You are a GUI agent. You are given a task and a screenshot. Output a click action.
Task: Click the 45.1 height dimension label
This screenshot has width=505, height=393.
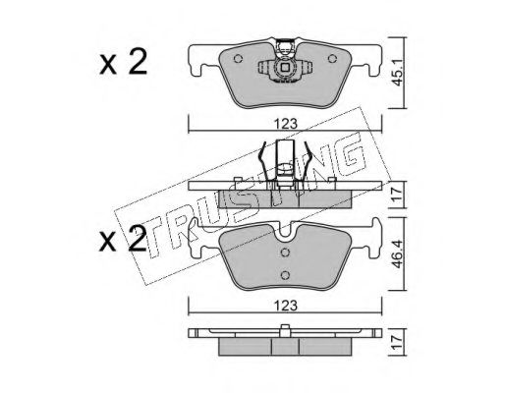pyautogui.click(x=397, y=74)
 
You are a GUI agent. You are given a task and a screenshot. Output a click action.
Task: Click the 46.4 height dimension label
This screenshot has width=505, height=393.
pyautogui.click(x=397, y=254)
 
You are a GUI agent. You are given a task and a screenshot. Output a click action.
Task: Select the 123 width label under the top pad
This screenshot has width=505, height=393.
pyautogui.click(x=285, y=124)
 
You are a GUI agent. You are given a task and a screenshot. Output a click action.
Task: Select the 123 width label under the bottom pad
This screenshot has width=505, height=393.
pyautogui.click(x=285, y=306)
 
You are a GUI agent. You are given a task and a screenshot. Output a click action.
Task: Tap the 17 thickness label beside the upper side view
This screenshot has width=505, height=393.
pyautogui.click(x=397, y=195)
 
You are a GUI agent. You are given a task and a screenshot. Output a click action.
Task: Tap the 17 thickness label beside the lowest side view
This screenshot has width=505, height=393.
pyautogui.click(x=397, y=342)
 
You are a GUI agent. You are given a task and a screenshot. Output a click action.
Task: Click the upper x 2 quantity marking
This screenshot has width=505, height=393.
pyautogui.click(x=124, y=63)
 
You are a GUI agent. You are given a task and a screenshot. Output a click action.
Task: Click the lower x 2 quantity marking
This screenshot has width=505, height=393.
pyautogui.click(x=123, y=240)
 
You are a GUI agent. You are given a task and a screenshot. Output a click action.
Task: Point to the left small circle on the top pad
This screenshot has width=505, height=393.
pyautogui.click(x=238, y=59)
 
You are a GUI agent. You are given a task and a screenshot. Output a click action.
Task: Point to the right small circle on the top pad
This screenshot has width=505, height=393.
pyautogui.click(x=332, y=59)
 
